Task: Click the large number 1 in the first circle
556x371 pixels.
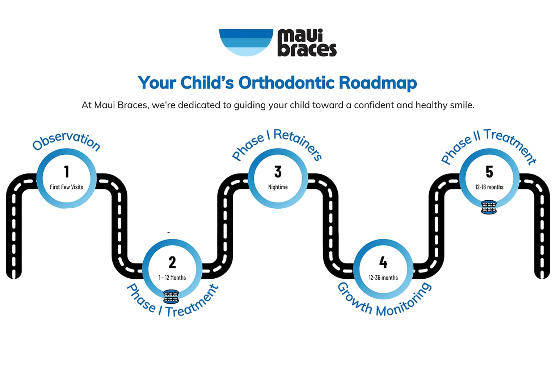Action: tap(67, 171)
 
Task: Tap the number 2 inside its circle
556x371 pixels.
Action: tap(172, 262)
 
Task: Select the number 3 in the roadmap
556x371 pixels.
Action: tap(278, 172)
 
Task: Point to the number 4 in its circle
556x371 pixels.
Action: tap(383, 262)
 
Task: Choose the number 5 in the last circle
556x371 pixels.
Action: tap(489, 172)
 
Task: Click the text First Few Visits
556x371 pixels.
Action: tap(67, 187)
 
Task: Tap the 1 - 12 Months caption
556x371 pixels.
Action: tap(172, 278)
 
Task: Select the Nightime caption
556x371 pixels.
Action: tap(278, 187)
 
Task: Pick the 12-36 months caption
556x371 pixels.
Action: tap(383, 278)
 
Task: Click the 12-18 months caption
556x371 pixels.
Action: tap(489, 187)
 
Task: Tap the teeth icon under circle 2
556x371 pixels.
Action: tap(171, 297)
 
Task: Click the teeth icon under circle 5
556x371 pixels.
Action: tap(489, 207)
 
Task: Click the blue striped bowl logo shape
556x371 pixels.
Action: tap(246, 42)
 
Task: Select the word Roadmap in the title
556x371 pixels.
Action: tap(378, 83)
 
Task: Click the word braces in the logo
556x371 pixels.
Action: tap(307, 50)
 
